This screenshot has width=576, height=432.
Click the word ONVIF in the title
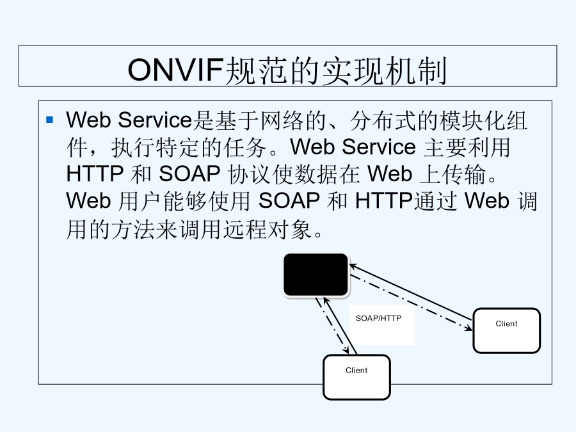click(x=175, y=70)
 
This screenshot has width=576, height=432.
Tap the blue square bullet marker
click(x=50, y=120)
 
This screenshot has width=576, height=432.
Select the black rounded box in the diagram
click(x=316, y=275)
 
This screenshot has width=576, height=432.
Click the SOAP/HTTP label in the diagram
click(x=378, y=318)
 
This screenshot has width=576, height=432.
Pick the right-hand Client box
click(x=507, y=331)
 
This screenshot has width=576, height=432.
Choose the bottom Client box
click(x=356, y=377)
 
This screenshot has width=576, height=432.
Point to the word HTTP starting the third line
click(x=95, y=173)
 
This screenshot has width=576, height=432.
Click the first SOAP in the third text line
click(x=189, y=173)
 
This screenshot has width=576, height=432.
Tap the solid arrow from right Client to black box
click(x=411, y=292)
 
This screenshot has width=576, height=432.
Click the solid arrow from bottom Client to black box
click(x=340, y=326)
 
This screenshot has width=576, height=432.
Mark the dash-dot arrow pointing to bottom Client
click(x=332, y=326)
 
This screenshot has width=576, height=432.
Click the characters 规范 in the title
click(x=256, y=70)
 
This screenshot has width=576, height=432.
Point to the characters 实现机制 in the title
click(x=385, y=70)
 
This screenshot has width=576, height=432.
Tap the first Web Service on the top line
click(x=129, y=120)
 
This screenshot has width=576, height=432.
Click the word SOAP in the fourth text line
click(x=289, y=201)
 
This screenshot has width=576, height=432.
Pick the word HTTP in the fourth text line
click(x=384, y=201)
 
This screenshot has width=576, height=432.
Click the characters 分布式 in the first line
click(x=383, y=120)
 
